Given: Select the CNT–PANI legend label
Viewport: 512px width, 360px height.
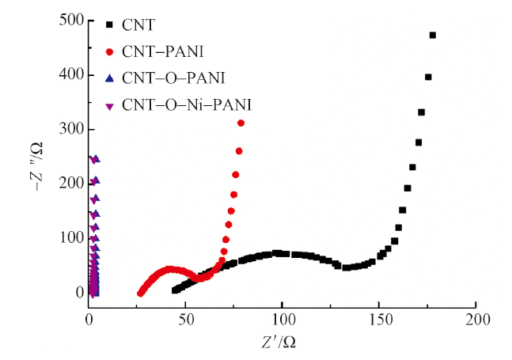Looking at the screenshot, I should tap(163, 53).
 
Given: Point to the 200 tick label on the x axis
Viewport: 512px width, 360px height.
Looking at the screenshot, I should tap(476, 318).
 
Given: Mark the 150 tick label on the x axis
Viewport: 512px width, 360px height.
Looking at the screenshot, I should tap(378, 318).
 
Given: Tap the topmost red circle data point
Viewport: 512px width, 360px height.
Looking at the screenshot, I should tap(241, 123).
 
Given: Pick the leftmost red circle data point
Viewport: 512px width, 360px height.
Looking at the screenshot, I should tap(141, 294).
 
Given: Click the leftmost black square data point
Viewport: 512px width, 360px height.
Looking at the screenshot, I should tap(175, 290).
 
